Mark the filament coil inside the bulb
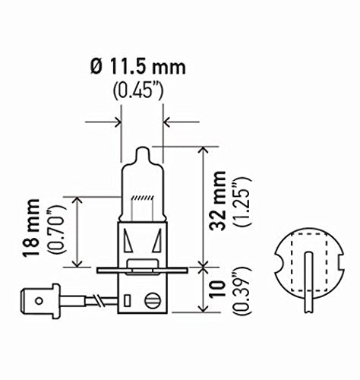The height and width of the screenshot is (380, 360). tap(142, 200)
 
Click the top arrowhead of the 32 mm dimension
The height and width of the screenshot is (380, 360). tap(201, 150)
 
